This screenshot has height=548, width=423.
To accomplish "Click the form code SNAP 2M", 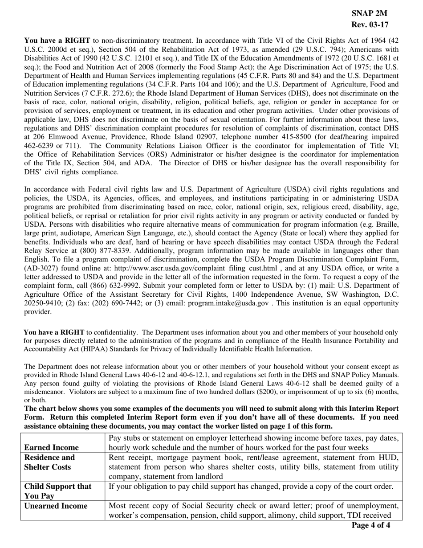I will pos(370,14).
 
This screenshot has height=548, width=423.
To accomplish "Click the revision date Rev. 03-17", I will pos(370,25).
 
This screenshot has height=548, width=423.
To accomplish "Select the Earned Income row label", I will pos(52,447).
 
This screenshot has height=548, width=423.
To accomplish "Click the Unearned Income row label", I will pos(56,506).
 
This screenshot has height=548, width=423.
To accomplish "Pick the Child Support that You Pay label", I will pos(58,491).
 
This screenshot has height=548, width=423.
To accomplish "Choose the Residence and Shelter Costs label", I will pos(49,462).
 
